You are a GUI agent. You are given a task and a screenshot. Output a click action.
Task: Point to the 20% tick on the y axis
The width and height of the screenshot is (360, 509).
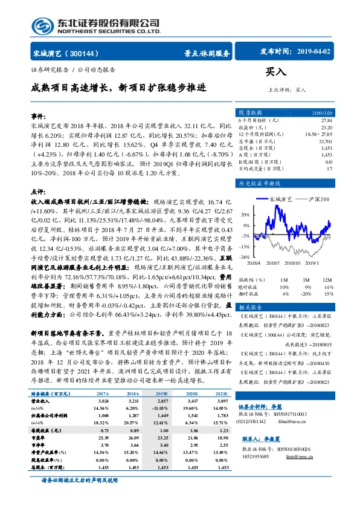pyautogui.click(x=243, y=215)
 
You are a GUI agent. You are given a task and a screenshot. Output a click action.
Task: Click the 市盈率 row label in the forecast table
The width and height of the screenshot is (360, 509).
pyautogui.click(x=40, y=436)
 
